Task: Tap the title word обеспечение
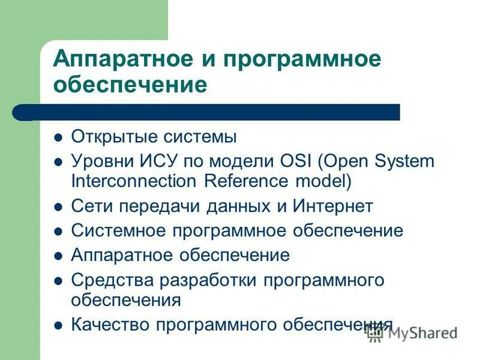tap(130, 86)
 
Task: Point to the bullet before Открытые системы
tap(58, 137)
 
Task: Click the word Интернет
tap(333, 206)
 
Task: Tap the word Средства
tap(109, 280)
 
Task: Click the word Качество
tap(111, 325)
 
